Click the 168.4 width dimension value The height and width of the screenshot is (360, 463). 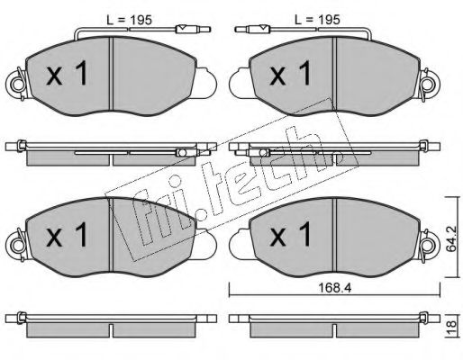pyautogui.click(x=334, y=288)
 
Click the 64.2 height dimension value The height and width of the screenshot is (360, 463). pyautogui.click(x=451, y=238)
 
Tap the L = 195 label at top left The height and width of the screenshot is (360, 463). pyautogui.click(x=130, y=20)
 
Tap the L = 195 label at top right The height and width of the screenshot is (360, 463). pyautogui.click(x=317, y=20)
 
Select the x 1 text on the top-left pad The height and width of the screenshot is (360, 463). pyautogui.click(x=67, y=73)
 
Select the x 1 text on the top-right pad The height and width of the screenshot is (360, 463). pyautogui.click(x=290, y=73)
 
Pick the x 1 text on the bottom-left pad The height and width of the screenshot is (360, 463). pyautogui.click(x=67, y=234)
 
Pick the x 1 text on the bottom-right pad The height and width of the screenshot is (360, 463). pyautogui.click(x=290, y=234)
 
